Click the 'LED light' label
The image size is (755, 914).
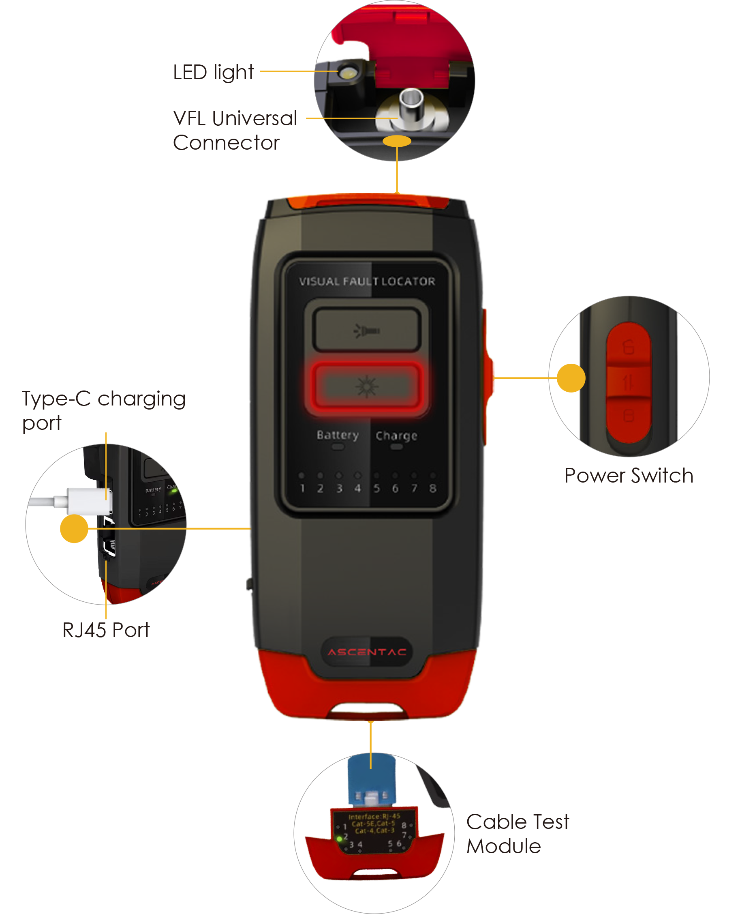coord(213,72)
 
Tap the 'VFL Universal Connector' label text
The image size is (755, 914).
coord(235,130)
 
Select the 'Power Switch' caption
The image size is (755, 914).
coord(629,475)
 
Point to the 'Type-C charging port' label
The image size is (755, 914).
coord(103,410)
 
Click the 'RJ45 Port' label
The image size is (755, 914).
coord(106,630)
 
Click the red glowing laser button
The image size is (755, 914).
coord(367,386)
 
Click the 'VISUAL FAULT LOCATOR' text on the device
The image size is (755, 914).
coord(367,281)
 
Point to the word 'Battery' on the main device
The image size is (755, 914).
coord(338,435)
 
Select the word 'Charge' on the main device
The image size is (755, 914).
coord(396,435)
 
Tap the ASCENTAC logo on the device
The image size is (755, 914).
coord(367,652)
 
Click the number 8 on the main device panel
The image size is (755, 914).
coord(433,488)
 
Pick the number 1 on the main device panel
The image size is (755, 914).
coord(302,488)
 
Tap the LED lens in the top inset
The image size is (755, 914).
coord(348,73)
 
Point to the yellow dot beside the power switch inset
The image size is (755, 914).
coord(571,378)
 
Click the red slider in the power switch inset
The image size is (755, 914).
coord(629,382)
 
